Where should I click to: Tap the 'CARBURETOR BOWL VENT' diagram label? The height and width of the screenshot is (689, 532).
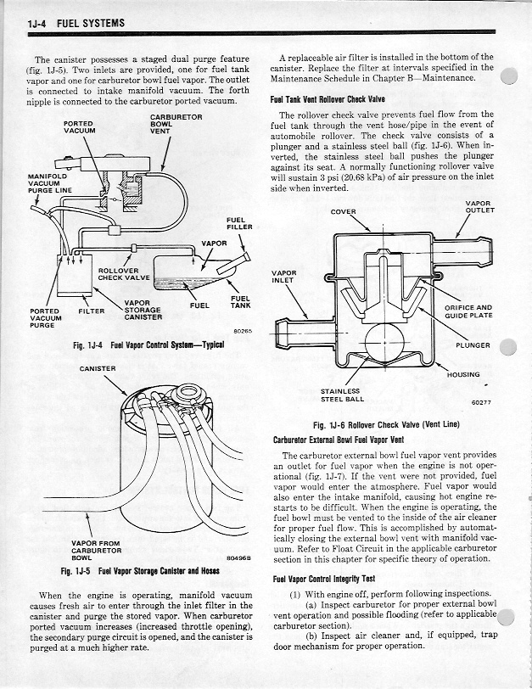(176, 123)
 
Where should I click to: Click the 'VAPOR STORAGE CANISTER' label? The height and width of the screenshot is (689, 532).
(142, 310)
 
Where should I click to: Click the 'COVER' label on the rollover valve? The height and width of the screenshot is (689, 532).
(344, 211)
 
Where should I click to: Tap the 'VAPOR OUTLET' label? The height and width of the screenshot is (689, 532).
(480, 206)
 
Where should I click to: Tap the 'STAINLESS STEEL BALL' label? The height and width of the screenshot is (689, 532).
(342, 395)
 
